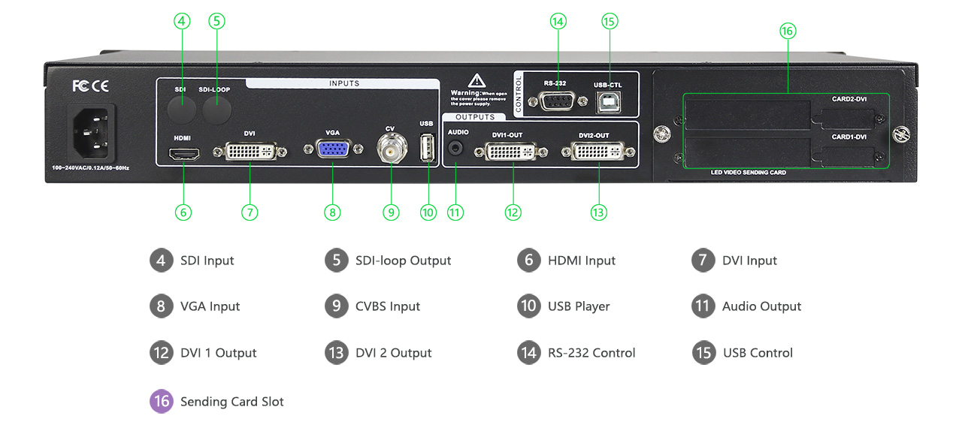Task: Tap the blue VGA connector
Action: click(332, 149)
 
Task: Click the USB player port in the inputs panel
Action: click(428, 148)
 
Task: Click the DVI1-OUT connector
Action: click(513, 152)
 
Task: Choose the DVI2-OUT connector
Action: click(599, 152)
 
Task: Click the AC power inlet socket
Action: click(92, 132)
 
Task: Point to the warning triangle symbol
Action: click(477, 81)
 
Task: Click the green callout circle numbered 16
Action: click(787, 31)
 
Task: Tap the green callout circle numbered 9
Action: click(391, 212)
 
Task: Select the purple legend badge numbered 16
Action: click(161, 402)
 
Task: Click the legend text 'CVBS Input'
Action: click(388, 306)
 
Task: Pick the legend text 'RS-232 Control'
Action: click(591, 353)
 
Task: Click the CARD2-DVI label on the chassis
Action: click(849, 99)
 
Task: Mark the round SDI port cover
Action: click(180, 110)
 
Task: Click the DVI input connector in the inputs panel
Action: click(250, 152)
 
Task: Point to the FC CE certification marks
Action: click(91, 86)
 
